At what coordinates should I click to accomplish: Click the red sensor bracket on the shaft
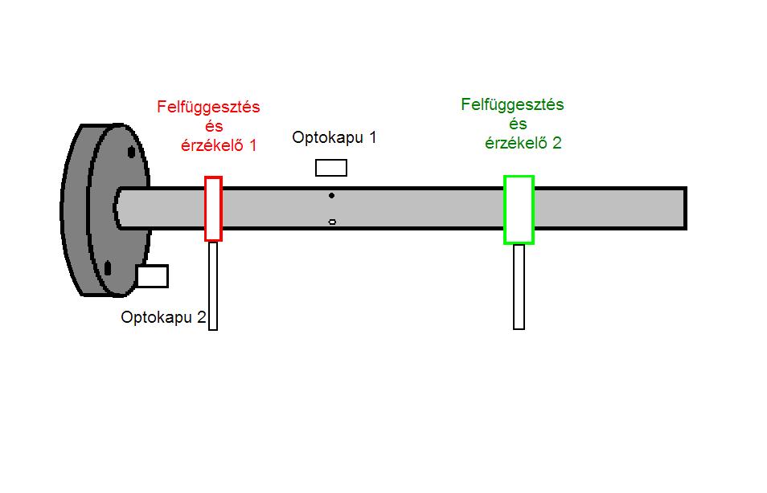pos(213,209)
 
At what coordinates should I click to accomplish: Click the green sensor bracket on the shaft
pos(519,210)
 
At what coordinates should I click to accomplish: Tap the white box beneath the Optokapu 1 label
pos(331,168)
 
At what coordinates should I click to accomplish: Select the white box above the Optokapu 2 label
pos(152,276)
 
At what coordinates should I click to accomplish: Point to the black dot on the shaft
pos(331,195)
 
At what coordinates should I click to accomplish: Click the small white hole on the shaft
pos(332,222)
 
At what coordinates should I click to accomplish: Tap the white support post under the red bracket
pos(213,285)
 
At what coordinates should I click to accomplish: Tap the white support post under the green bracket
pos(519,287)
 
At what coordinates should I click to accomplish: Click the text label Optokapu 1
pos(334,137)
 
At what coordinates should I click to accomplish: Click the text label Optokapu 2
pos(163,317)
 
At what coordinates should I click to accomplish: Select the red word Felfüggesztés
pos(208,107)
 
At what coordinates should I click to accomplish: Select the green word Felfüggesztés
pos(512,105)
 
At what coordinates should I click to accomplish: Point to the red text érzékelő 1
pos(217,145)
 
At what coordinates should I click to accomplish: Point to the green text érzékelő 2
pos(523,143)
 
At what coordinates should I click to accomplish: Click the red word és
pos(213,126)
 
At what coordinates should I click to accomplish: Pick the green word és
pos(519,124)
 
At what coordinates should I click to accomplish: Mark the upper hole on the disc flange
pos(129,152)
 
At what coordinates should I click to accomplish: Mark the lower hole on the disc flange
pos(108,268)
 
